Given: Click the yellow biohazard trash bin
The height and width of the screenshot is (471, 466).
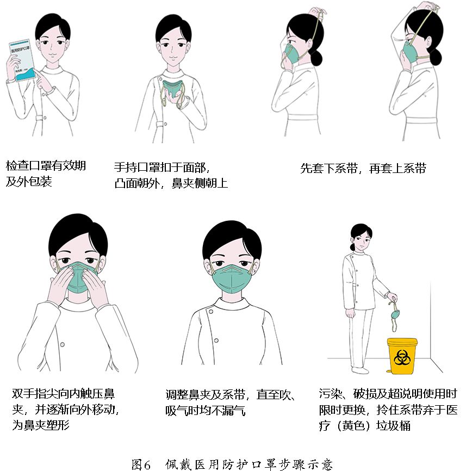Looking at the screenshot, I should coord(402,357).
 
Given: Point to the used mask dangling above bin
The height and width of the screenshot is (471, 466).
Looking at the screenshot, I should coord(394,315).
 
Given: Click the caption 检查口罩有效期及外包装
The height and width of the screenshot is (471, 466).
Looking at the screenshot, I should coord(46,173).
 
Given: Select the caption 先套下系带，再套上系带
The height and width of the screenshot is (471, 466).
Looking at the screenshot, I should coord(363,169).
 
